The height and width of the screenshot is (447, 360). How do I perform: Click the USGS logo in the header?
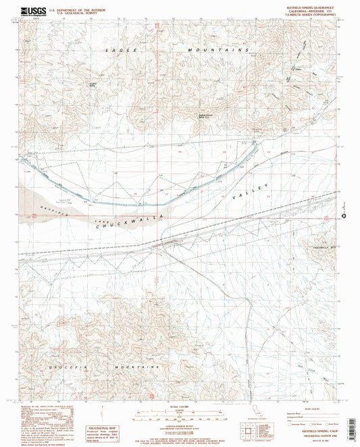point(20,11)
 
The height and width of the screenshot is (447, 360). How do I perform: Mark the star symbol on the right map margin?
point(346,217)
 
